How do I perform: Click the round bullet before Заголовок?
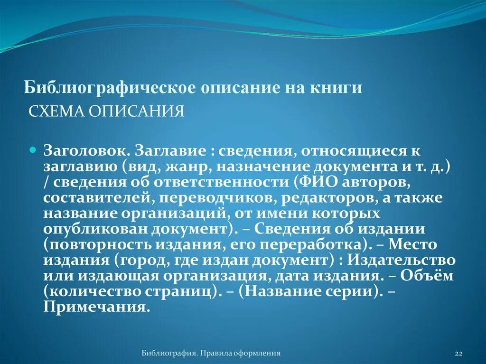click(33, 149)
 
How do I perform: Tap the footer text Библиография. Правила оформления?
click(211, 353)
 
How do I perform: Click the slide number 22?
click(458, 354)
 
